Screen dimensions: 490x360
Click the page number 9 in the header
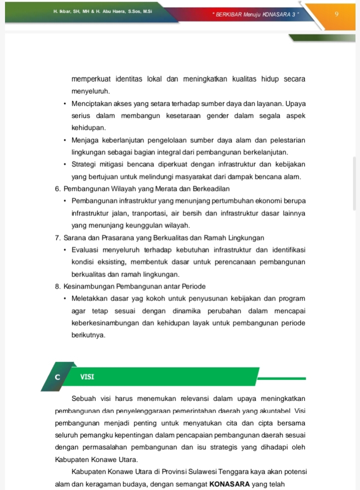pos(337,14)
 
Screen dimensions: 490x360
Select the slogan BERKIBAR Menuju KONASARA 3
pos(254,14)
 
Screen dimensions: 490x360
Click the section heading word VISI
pos(87,376)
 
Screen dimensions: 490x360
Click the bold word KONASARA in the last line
pos(233,483)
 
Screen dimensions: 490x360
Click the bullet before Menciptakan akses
pos(65,103)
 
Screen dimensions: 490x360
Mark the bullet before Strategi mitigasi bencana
pos(65,164)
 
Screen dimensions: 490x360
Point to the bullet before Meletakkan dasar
pos(65,299)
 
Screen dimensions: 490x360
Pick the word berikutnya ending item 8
pos(88,335)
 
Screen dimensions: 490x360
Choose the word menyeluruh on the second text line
pos(90,91)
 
